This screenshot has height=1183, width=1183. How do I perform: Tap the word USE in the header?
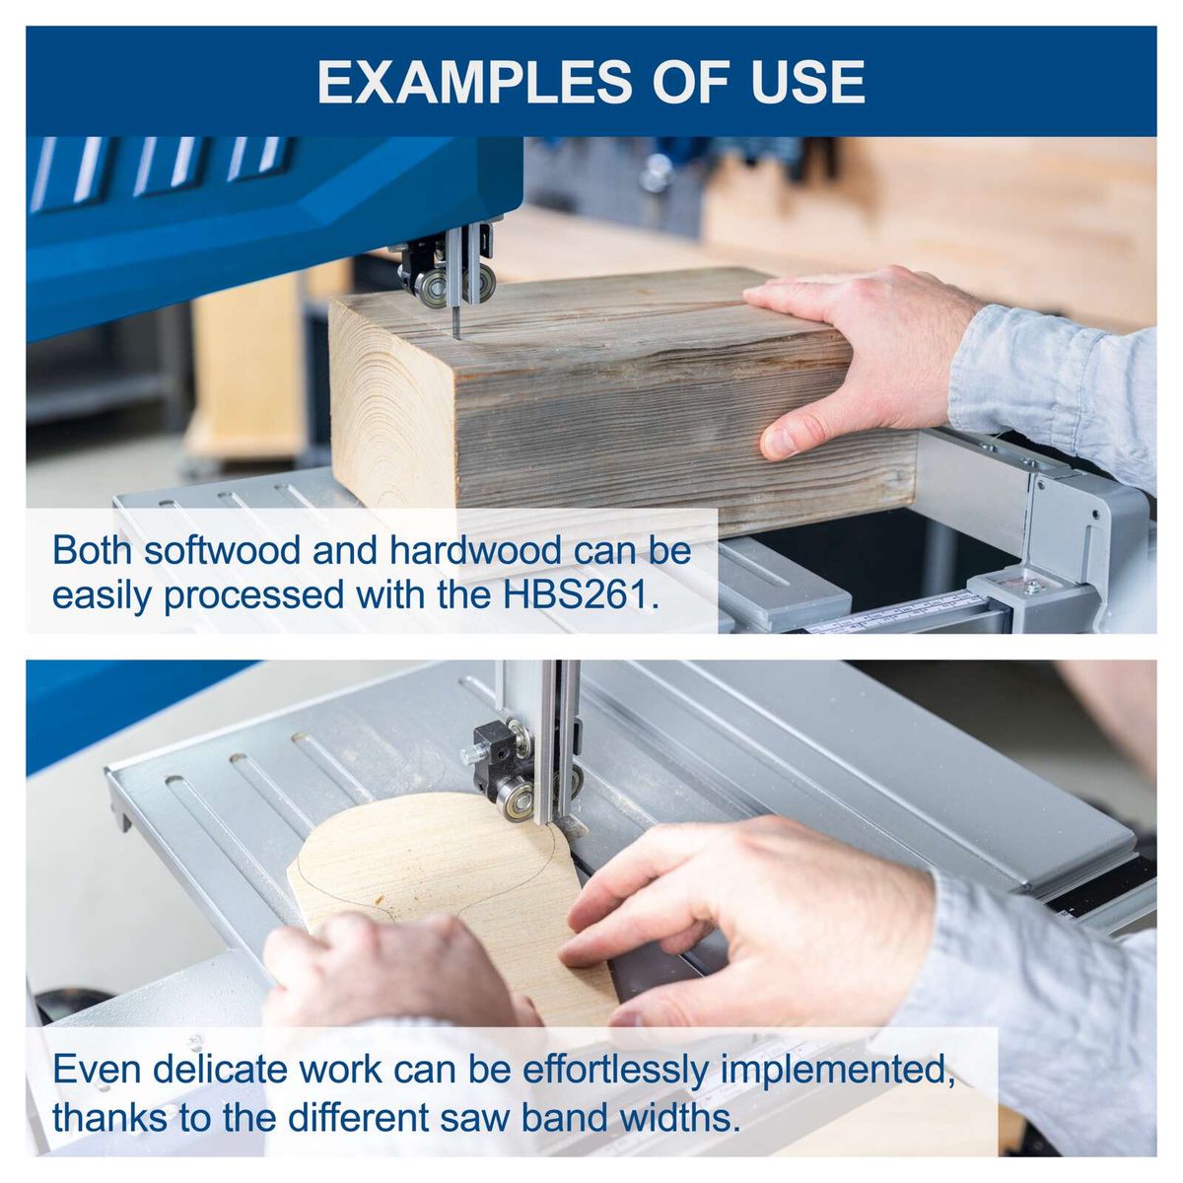(x=807, y=82)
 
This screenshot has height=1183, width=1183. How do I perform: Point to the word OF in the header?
(x=694, y=82)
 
